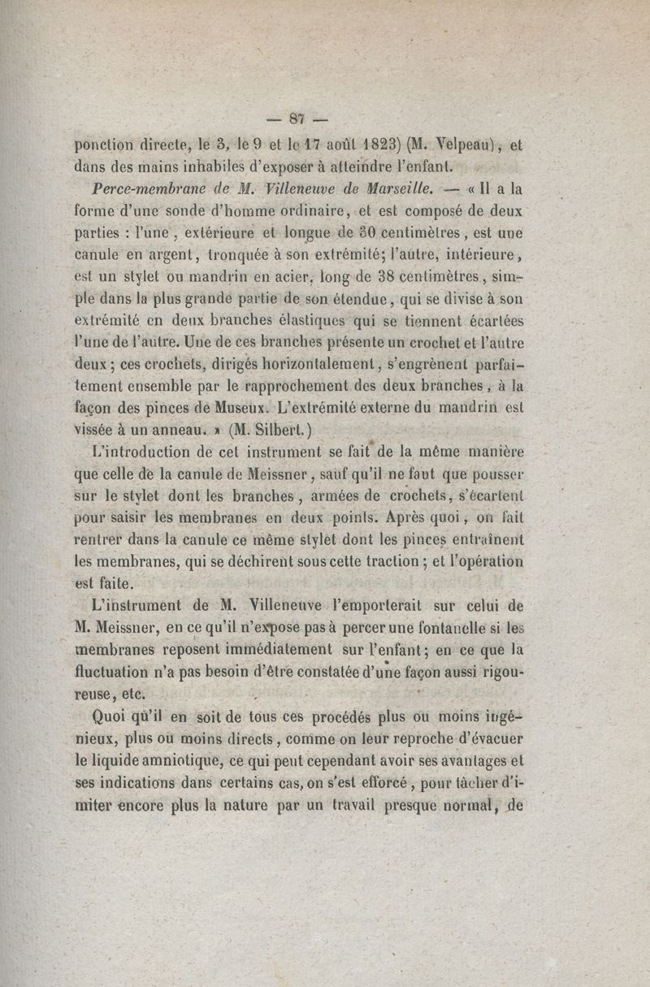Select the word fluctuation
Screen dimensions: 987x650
coord(121,672)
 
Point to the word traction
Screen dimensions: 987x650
coord(385,561)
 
